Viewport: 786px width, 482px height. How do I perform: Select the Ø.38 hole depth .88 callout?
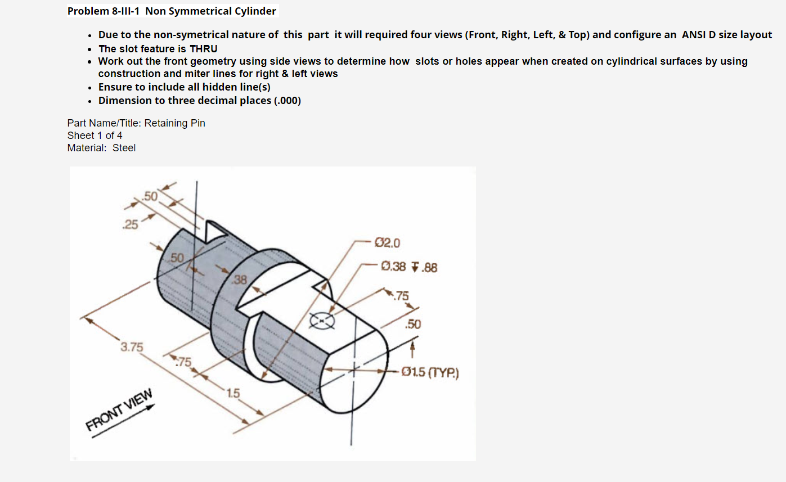(x=409, y=267)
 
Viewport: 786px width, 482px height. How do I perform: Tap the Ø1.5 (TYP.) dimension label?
(x=431, y=372)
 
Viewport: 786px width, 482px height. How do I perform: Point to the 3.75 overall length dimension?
(x=132, y=347)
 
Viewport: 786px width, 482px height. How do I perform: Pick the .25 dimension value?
(x=131, y=225)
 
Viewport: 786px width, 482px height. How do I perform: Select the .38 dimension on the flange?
(x=240, y=280)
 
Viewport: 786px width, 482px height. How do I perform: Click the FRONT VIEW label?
(x=119, y=409)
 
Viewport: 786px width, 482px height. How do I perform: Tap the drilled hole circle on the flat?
(x=322, y=321)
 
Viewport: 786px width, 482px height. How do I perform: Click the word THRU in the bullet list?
(x=203, y=49)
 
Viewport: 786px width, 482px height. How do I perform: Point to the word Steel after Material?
(x=124, y=148)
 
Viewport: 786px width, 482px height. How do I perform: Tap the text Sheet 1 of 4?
(x=95, y=136)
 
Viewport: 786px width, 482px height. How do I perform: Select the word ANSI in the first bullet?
(x=695, y=35)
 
